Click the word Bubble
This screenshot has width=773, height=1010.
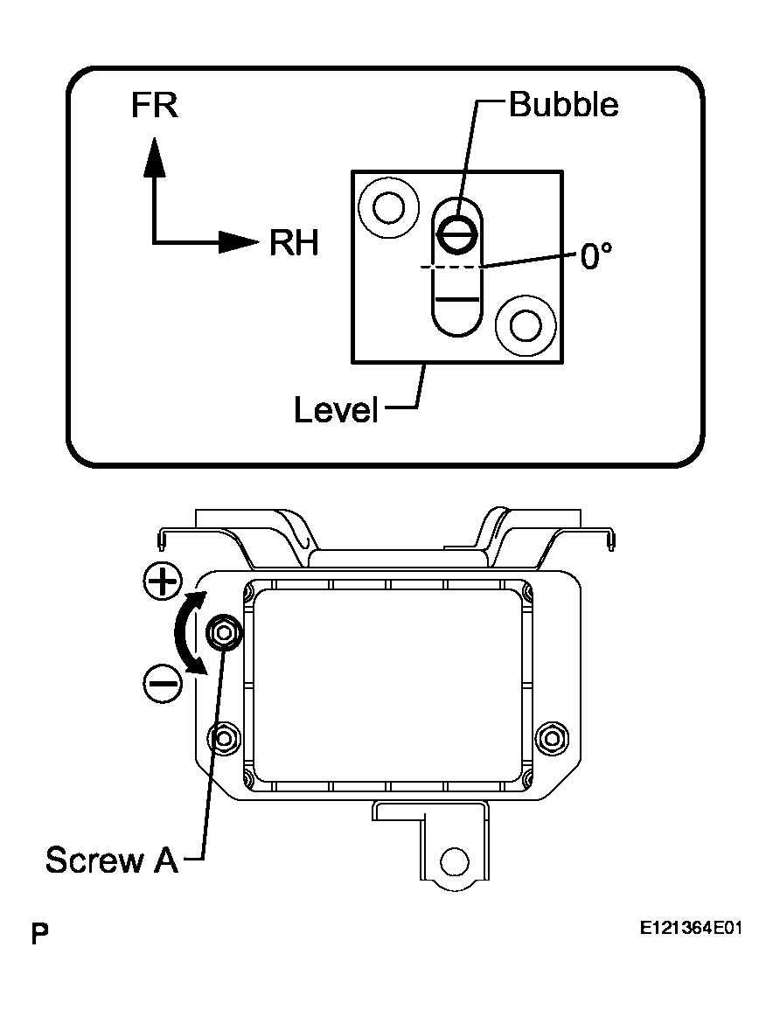(563, 105)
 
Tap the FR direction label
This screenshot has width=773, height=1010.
(154, 106)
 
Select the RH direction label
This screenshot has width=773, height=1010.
(293, 242)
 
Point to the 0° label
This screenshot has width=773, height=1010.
(595, 256)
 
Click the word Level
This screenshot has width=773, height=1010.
(336, 409)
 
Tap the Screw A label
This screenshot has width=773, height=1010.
(111, 860)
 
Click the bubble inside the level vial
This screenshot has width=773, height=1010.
(458, 232)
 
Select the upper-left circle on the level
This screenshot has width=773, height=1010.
(387, 207)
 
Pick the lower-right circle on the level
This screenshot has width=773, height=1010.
(526, 326)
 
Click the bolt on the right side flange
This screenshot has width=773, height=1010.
(551, 737)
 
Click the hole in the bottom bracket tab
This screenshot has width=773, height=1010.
(453, 860)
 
